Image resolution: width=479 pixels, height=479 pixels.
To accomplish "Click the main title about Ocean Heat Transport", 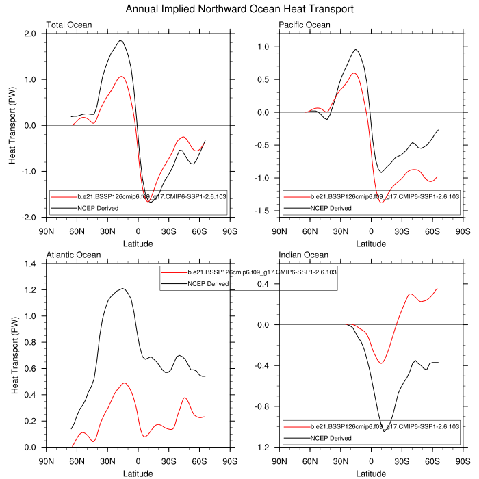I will (x=239, y=10).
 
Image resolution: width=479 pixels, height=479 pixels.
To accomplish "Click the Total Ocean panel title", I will (x=69, y=25).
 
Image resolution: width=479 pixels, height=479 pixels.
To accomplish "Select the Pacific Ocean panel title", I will (x=305, y=25).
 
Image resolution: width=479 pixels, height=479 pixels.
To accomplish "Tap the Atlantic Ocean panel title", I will (x=73, y=255).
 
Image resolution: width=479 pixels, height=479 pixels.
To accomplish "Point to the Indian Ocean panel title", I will (x=304, y=255).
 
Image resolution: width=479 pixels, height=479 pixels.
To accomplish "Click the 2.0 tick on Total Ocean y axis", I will (x=30, y=34).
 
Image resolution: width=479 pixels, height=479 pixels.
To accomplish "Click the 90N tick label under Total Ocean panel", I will (x=46, y=231).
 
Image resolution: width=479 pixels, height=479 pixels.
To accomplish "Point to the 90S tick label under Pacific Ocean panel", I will (x=463, y=231).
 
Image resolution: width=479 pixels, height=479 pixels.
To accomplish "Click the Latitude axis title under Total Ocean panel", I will (x=138, y=243).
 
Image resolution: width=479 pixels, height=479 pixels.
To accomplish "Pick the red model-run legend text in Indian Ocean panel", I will (x=383, y=426).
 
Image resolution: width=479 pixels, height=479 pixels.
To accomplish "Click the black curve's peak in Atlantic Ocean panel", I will (x=122, y=289).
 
